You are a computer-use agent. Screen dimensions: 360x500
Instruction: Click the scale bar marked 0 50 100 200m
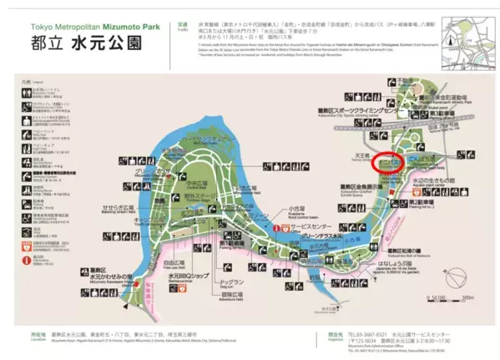[x=452, y=297]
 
